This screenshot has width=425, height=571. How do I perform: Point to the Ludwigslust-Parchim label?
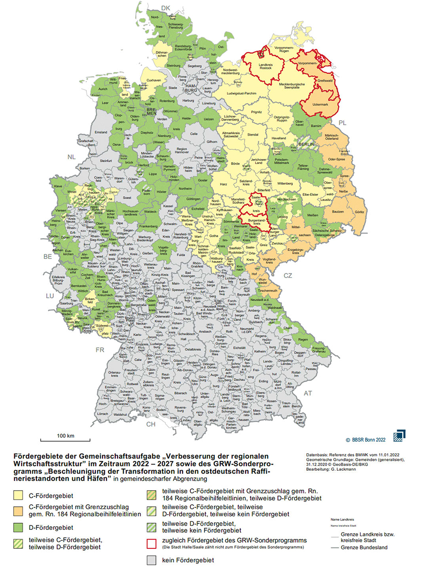click(241, 94)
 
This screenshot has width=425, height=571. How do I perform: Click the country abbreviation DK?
click(165, 8)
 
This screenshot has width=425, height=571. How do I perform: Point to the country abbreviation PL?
click(342, 123)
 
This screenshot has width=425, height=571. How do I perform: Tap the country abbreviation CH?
click(151, 424)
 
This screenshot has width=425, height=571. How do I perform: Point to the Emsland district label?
click(102, 132)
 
